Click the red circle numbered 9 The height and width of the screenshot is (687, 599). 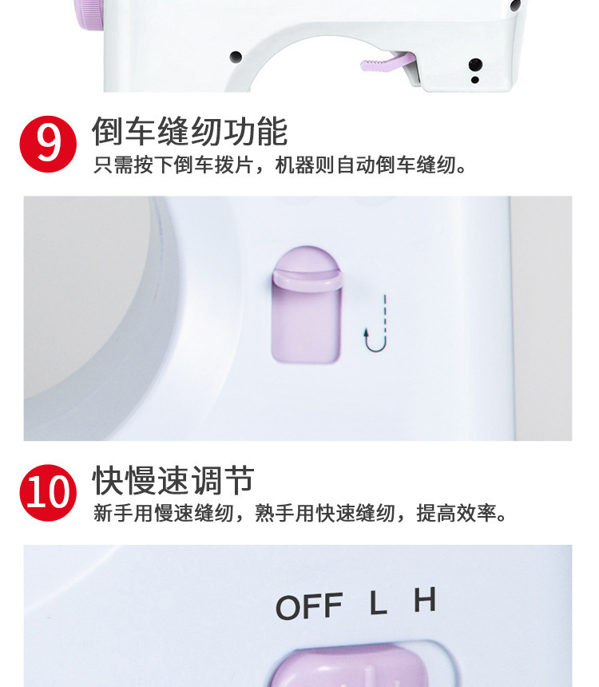pyautogui.click(x=48, y=143)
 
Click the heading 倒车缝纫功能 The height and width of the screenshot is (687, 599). pyautogui.click(x=189, y=131)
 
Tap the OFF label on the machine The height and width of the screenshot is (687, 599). pyautogui.click(x=308, y=606)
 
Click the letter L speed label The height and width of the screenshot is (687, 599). pyautogui.click(x=378, y=603)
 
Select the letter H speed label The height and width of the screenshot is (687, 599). pyautogui.click(x=425, y=600)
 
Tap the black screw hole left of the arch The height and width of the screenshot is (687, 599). pyautogui.click(x=236, y=57)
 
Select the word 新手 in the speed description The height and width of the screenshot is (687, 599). pyautogui.click(x=113, y=514)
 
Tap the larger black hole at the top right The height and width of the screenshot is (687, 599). pyautogui.click(x=475, y=64)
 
